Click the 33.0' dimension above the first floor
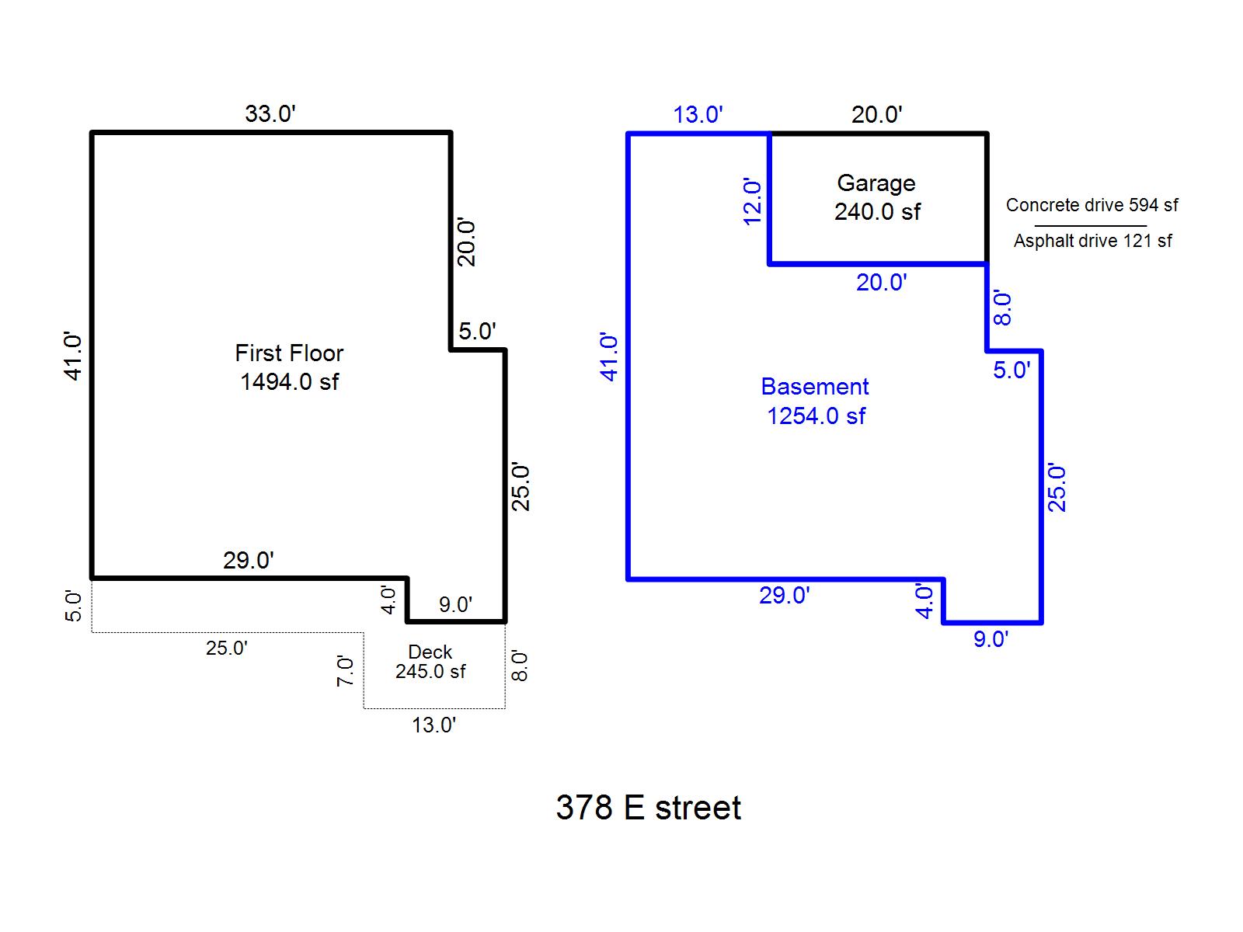pyautogui.click(x=270, y=114)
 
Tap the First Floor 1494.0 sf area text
pyautogui.click(x=289, y=367)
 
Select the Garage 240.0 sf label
pyautogui.click(x=877, y=197)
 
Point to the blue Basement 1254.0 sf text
pyautogui.click(x=815, y=401)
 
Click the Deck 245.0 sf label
pyautogui.click(x=430, y=662)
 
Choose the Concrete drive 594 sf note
pyautogui.click(x=1092, y=205)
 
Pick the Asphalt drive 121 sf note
pyautogui.click(x=1092, y=241)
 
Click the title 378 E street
pyautogui.click(x=648, y=808)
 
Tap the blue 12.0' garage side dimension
pyautogui.click(x=752, y=202)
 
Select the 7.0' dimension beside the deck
pyautogui.click(x=346, y=671)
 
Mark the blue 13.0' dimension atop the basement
pyautogui.click(x=698, y=115)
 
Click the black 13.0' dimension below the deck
pyautogui.click(x=433, y=725)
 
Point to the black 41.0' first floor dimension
pyautogui.click(x=73, y=356)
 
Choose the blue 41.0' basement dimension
pyautogui.click(x=610, y=357)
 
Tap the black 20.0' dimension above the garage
pyautogui.click(x=876, y=115)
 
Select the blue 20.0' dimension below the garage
pyautogui.click(x=881, y=283)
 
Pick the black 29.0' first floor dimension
pyautogui.click(x=249, y=560)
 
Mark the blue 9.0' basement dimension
pyautogui.click(x=991, y=639)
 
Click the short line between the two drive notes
pyautogui.click(x=1090, y=225)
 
